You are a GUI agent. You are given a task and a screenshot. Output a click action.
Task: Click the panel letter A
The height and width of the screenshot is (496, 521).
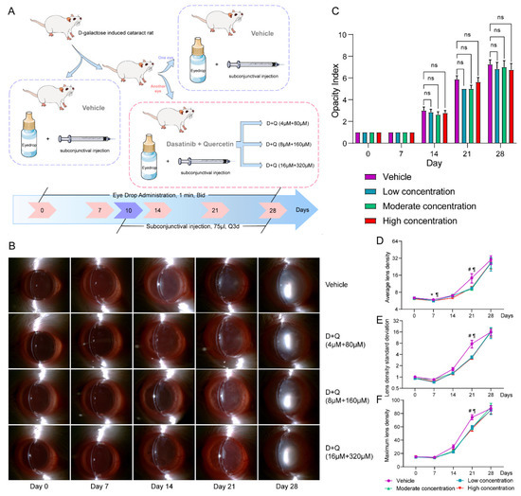[x=9, y=9]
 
